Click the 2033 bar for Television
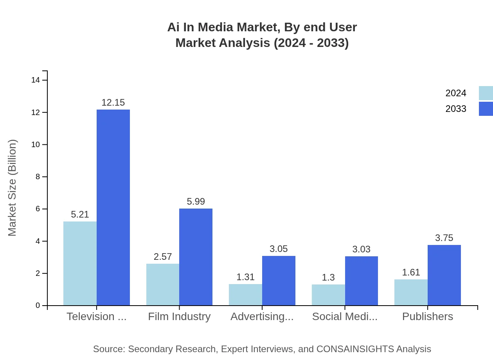pos(113,207)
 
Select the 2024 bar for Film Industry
pos(163,284)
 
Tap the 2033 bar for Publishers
pos(444,275)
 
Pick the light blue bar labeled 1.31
pos(245,295)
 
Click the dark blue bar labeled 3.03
pos(361,281)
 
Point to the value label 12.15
pos(113,103)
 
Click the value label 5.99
pos(196,202)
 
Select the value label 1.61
pos(411,272)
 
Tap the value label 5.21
pos(80,214)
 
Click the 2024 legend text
pos(455,93)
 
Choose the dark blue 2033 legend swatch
pos(486,109)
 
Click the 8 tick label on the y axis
pos(38,177)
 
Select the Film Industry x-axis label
pos(179,317)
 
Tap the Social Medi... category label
pos(345,317)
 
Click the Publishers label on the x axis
pos(427,317)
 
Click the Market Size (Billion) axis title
pos(13,188)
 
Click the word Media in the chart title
pos(215,27)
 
